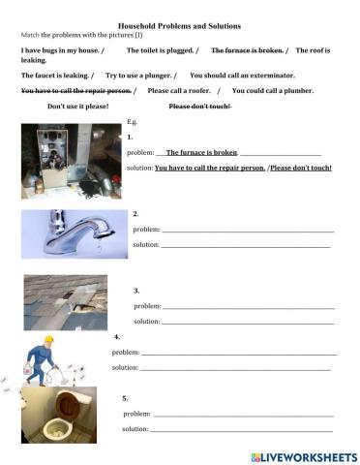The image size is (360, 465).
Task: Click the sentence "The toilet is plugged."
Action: tap(163, 48)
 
